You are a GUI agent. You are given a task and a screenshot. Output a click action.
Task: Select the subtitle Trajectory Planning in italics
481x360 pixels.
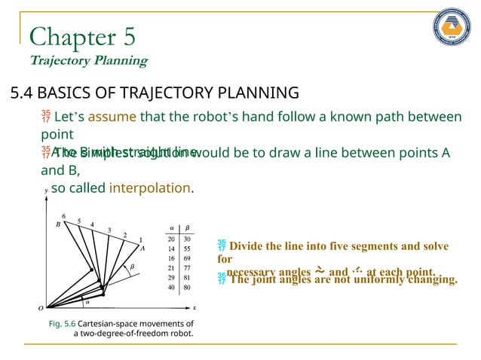[x=88, y=60]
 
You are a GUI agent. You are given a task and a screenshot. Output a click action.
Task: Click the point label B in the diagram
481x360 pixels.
[x=57, y=224]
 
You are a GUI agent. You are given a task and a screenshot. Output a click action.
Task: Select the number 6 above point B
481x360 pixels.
[x=63, y=217]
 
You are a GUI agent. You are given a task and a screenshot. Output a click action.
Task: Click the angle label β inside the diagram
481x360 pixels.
[x=132, y=266]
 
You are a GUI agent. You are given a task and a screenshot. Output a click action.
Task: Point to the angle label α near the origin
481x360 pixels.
[x=87, y=301]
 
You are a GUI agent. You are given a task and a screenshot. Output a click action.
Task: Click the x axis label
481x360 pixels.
[x=194, y=307]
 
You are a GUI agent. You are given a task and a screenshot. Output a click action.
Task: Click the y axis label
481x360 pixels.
[x=46, y=192]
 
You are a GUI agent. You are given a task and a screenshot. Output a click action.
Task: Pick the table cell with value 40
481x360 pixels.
[x=171, y=287]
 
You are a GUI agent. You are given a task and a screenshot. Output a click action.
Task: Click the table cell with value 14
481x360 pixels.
[x=171, y=248]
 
